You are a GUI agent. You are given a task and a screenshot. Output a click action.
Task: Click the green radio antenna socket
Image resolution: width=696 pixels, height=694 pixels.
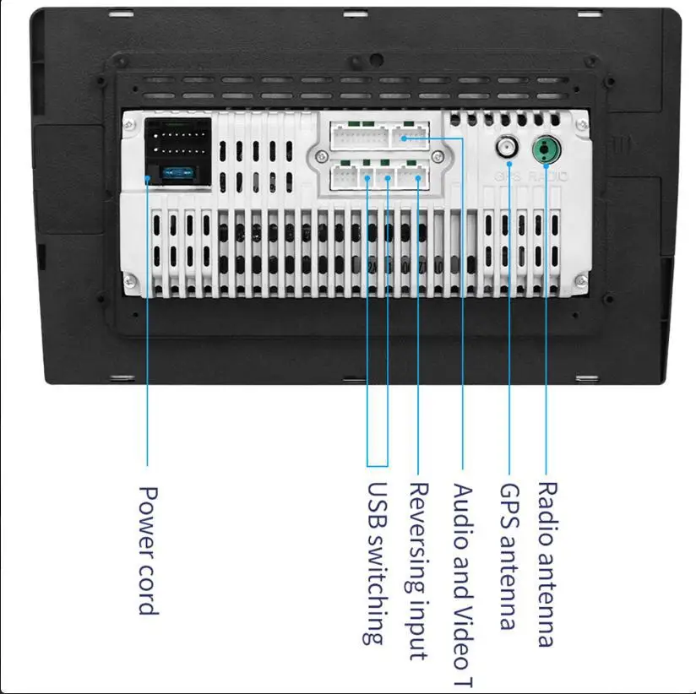click(x=546, y=150)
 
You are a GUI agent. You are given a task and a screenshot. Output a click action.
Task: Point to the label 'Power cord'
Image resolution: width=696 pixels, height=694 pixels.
click(x=148, y=549)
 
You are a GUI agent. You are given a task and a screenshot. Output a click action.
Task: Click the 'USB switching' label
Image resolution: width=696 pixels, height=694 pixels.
click(x=378, y=562)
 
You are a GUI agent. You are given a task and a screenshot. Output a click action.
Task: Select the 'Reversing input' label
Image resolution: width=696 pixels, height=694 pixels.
click(x=418, y=571)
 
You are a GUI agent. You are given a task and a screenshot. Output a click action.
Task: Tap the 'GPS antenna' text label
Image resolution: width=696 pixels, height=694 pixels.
click(x=508, y=556)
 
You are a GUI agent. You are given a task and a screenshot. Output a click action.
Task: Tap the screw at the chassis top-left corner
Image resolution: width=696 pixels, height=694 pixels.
click(x=128, y=124)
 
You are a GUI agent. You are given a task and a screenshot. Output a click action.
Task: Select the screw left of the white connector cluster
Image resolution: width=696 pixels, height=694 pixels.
click(x=320, y=157)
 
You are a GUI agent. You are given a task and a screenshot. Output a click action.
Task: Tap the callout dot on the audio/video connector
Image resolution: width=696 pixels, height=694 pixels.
click(x=406, y=138)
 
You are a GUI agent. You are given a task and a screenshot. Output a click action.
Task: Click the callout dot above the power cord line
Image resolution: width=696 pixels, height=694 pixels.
click(x=148, y=178)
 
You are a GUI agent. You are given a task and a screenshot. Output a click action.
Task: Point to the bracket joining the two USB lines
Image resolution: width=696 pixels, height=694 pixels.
click(x=378, y=465)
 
